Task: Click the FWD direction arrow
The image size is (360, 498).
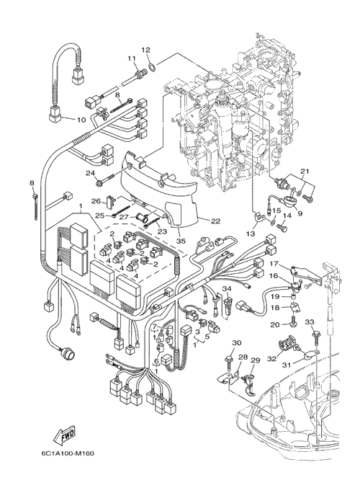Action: tap(63, 435)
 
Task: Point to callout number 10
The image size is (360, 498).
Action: tap(81, 120)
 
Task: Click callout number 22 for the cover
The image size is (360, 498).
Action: tap(215, 221)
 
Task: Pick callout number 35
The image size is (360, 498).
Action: tap(181, 241)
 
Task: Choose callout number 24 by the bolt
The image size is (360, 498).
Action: tap(91, 173)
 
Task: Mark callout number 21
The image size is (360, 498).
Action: tap(305, 172)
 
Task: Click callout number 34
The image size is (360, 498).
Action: tap(227, 288)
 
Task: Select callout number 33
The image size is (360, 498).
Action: tap(310, 321)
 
